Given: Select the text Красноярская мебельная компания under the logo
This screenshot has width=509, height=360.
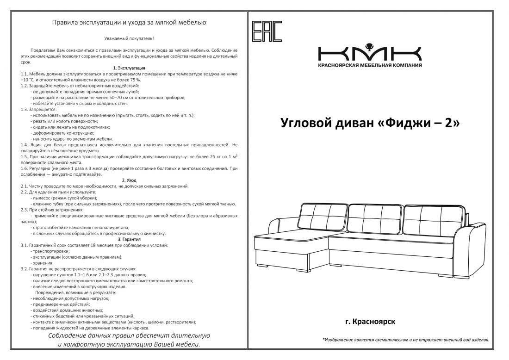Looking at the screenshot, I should coord(370,65).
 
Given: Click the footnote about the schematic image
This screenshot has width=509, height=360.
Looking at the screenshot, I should coord(405,340).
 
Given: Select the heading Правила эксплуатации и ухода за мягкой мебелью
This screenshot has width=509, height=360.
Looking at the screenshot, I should coord(129,22).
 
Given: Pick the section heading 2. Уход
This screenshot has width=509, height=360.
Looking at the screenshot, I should coord(129,180).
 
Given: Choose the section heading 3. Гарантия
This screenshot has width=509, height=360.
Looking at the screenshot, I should coord(129,239).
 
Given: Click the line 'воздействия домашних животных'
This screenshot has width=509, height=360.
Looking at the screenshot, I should coord(67,310).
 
